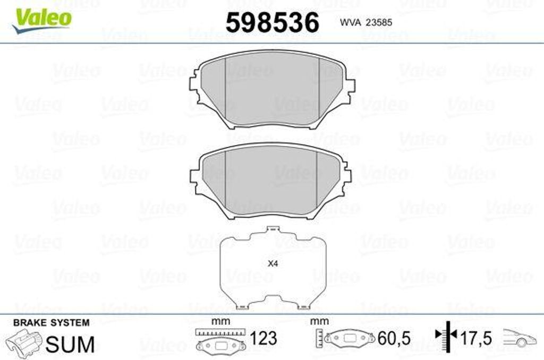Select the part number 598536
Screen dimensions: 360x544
273,23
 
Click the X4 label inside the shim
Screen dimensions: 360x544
273,262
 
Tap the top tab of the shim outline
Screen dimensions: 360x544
273,230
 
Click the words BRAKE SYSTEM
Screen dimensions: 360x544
51,322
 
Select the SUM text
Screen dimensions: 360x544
70,344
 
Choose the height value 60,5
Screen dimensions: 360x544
393,338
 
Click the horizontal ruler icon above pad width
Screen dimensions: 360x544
220,332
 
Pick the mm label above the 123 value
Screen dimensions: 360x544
217,321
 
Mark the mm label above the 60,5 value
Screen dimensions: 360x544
319,321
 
